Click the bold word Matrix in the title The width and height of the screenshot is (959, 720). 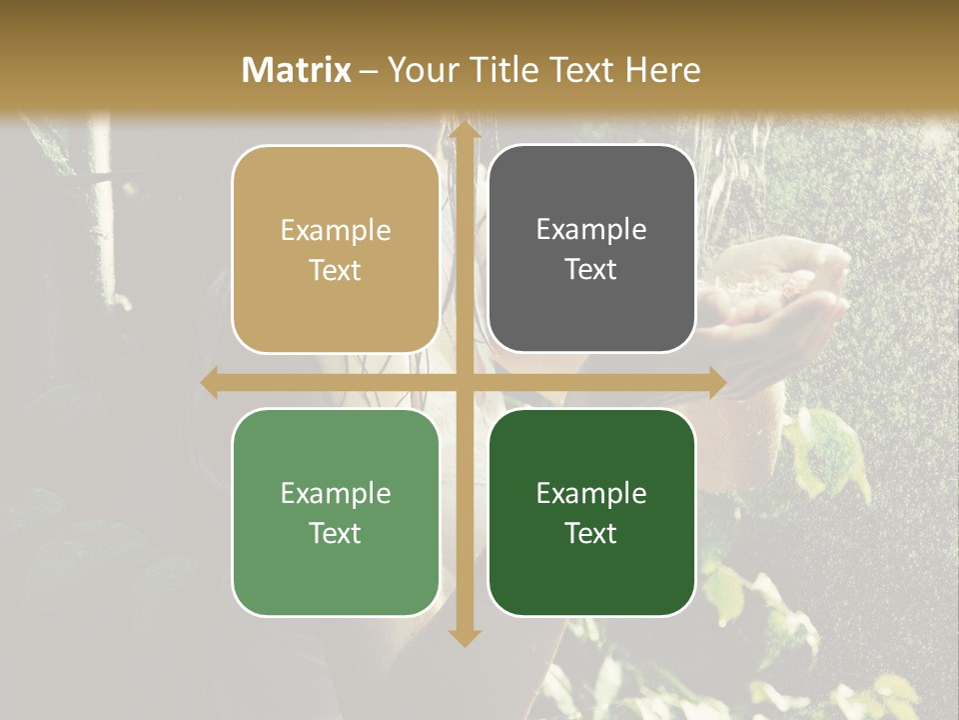[x=297, y=70]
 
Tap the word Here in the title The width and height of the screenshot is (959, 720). [x=663, y=70]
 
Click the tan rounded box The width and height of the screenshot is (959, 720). [x=336, y=249]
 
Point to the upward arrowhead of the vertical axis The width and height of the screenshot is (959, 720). [x=463, y=129]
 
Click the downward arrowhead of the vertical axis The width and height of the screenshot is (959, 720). [x=463, y=636]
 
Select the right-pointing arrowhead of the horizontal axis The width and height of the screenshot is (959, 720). [x=715, y=382]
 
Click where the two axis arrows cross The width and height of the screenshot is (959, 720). [x=463, y=382]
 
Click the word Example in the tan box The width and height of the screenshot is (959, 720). [x=336, y=231]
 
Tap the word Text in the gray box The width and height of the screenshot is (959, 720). [x=591, y=270]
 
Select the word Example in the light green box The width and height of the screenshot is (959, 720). [x=336, y=494]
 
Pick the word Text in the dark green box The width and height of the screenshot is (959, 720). [x=591, y=533]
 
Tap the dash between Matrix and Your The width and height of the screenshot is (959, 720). [x=369, y=71]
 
